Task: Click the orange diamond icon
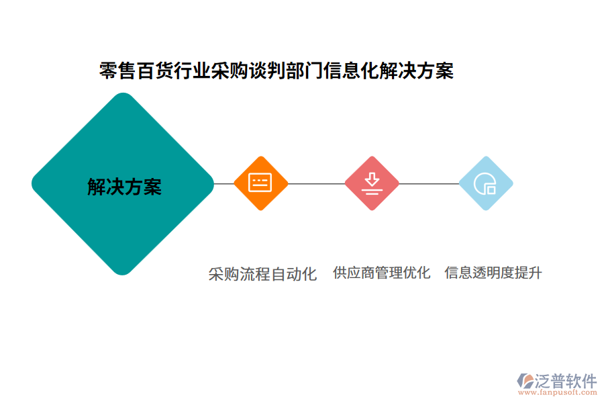tap(260, 183)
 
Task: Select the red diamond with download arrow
tap(372, 183)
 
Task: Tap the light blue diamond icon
tap(485, 183)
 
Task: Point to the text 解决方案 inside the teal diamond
tap(125, 187)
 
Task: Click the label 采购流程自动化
tap(262, 274)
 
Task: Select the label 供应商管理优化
tap(381, 273)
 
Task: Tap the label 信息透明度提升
tap(493, 273)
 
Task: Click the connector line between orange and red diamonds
tap(316, 183)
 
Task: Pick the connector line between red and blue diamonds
tap(429, 183)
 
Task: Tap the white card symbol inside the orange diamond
tap(260, 183)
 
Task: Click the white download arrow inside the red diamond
tap(372, 181)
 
